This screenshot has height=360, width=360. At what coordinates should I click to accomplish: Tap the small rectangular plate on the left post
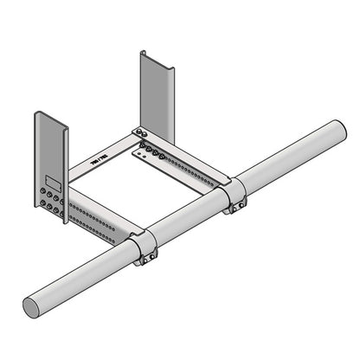(x=53, y=183)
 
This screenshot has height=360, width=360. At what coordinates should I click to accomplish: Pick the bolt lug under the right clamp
(x=235, y=208)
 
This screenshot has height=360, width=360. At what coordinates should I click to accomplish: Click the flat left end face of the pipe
(x=35, y=305)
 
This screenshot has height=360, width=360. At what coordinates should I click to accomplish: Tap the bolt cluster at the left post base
(x=50, y=201)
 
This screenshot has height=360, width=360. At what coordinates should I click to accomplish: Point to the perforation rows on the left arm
(x=95, y=220)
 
